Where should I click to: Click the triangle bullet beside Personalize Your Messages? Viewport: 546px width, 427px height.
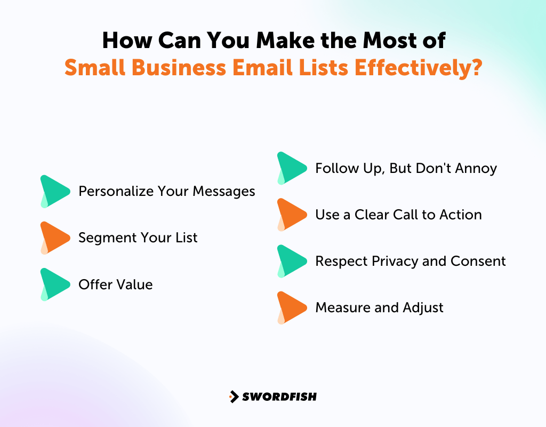[54, 191]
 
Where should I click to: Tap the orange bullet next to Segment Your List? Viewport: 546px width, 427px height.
[54, 238]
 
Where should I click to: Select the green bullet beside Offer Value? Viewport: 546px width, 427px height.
[54, 284]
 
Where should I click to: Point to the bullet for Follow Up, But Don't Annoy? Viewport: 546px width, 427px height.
[291, 168]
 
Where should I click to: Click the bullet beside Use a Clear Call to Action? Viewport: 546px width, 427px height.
[291, 215]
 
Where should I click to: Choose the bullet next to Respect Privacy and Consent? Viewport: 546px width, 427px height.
[291, 261]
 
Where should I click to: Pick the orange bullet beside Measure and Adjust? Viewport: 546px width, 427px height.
[291, 307]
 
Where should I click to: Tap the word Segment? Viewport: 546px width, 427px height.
[102, 238]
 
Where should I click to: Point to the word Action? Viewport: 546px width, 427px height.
[461, 215]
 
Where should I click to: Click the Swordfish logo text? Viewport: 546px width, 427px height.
[279, 397]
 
